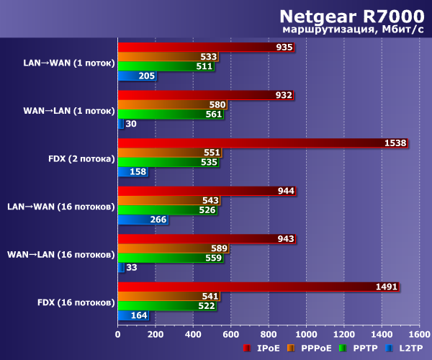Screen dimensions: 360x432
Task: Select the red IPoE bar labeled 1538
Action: tap(262, 143)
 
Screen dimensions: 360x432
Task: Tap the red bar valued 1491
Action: tap(258, 287)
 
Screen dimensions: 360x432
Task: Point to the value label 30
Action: tap(131, 124)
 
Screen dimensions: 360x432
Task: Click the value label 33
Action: tap(131, 268)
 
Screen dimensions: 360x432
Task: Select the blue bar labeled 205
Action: tap(137, 76)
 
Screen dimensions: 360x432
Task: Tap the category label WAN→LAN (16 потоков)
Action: tap(61, 254)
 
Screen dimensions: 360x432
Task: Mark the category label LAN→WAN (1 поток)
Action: tap(69, 63)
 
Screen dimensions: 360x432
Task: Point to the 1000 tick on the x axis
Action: tap(306, 334)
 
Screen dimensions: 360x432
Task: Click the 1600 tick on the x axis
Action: tap(419, 334)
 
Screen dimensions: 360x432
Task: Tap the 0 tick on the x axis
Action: tap(118, 334)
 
